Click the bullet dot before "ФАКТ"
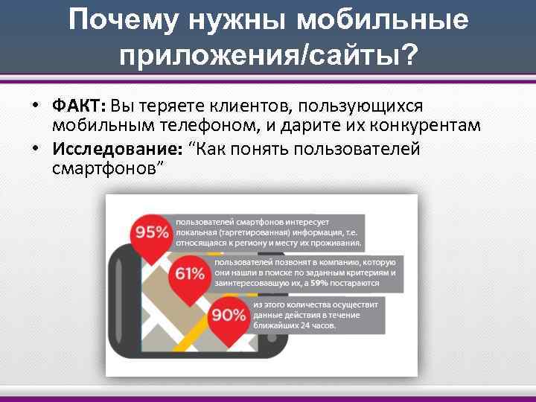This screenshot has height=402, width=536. [x=36, y=106]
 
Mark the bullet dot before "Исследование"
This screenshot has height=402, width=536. [x=36, y=148]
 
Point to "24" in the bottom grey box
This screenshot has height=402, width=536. [x=299, y=325]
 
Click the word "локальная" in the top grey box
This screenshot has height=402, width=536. [x=195, y=232]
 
